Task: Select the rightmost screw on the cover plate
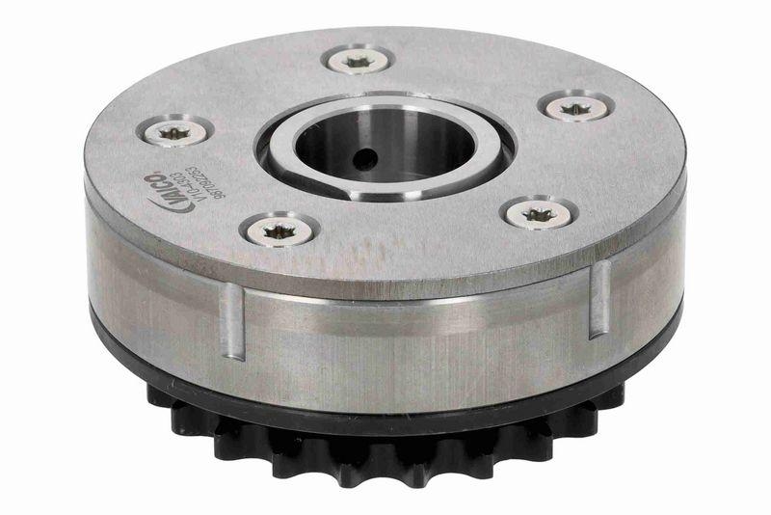[580, 106]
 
